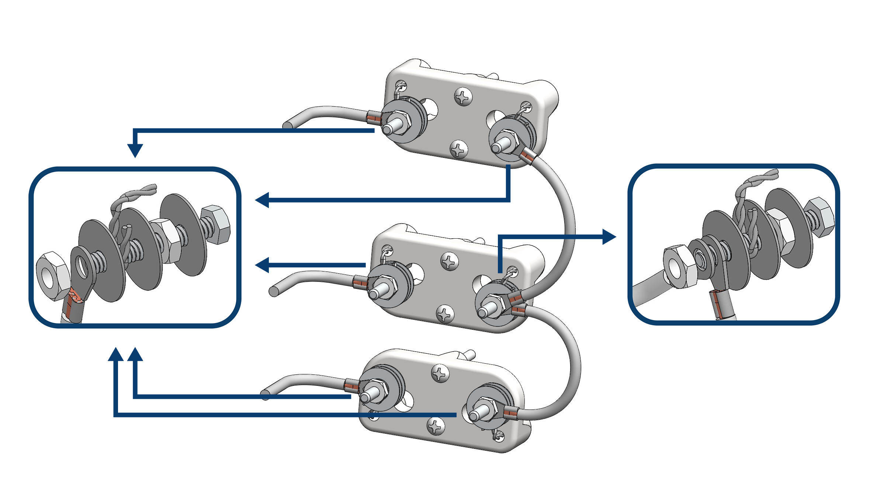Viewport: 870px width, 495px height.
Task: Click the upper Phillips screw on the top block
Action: (463, 97)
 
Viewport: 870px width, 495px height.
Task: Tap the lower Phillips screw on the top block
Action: (459, 149)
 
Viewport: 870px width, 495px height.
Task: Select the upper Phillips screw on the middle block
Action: (450, 261)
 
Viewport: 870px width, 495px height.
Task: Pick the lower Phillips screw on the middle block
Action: (445, 314)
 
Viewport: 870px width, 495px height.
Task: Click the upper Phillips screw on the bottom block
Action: (440, 374)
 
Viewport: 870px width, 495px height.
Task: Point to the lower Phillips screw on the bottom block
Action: (436, 427)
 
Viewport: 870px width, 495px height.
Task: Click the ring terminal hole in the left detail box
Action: (82, 266)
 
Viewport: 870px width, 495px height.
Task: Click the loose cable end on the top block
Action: (287, 126)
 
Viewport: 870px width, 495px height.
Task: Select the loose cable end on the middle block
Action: (274, 292)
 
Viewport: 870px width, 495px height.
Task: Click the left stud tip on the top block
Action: (388, 129)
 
